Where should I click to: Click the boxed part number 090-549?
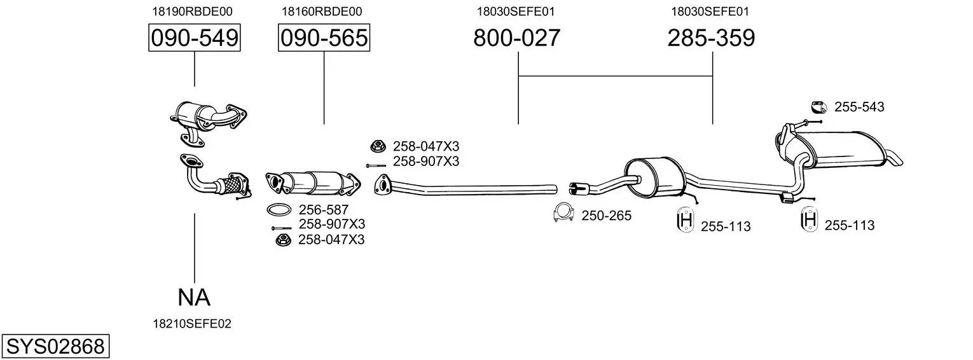click(x=194, y=38)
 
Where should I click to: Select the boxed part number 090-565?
click(x=324, y=38)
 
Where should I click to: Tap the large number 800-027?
click(x=517, y=38)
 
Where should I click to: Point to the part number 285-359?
click(x=711, y=38)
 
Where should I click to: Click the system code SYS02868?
click(x=55, y=347)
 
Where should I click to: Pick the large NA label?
click(x=194, y=298)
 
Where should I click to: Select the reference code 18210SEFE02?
click(x=192, y=324)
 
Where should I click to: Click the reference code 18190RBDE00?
click(x=192, y=11)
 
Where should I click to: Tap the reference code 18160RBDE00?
click(x=321, y=11)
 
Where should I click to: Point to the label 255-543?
click(x=859, y=107)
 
